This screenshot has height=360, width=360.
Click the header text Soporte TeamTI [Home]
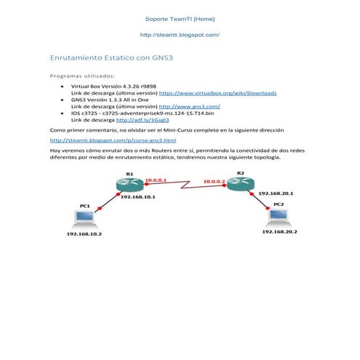pos(180,18)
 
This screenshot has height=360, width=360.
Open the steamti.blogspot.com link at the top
pos(180,35)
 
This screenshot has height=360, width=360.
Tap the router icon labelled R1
pos(128,185)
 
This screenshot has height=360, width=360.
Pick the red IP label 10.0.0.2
pos(215,181)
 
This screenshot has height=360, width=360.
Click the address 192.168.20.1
pos(276,193)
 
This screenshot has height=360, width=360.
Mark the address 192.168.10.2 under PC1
pos(84,234)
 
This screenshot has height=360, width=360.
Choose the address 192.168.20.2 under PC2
pos(279,231)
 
